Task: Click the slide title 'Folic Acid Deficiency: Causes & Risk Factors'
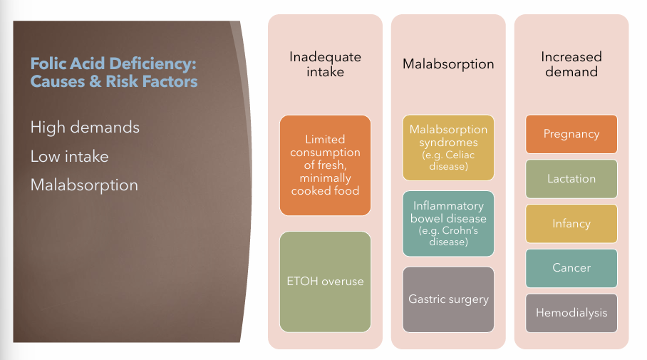point(113,73)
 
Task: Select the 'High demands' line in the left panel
point(85,128)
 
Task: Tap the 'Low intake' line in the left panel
point(69,156)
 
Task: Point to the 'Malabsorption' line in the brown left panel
point(84,185)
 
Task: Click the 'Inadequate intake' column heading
point(325,64)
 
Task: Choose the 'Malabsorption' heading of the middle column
point(448,64)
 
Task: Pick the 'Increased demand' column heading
point(571,64)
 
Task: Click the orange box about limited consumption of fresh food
point(325,165)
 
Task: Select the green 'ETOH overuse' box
point(325,282)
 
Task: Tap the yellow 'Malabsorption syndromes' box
point(448,148)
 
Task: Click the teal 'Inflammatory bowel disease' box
point(448,224)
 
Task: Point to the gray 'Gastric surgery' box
point(448,299)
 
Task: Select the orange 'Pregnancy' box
point(571,134)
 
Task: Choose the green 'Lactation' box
point(571,179)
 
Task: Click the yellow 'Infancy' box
point(571,224)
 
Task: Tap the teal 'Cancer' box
point(571,268)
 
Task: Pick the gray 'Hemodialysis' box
point(571,313)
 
